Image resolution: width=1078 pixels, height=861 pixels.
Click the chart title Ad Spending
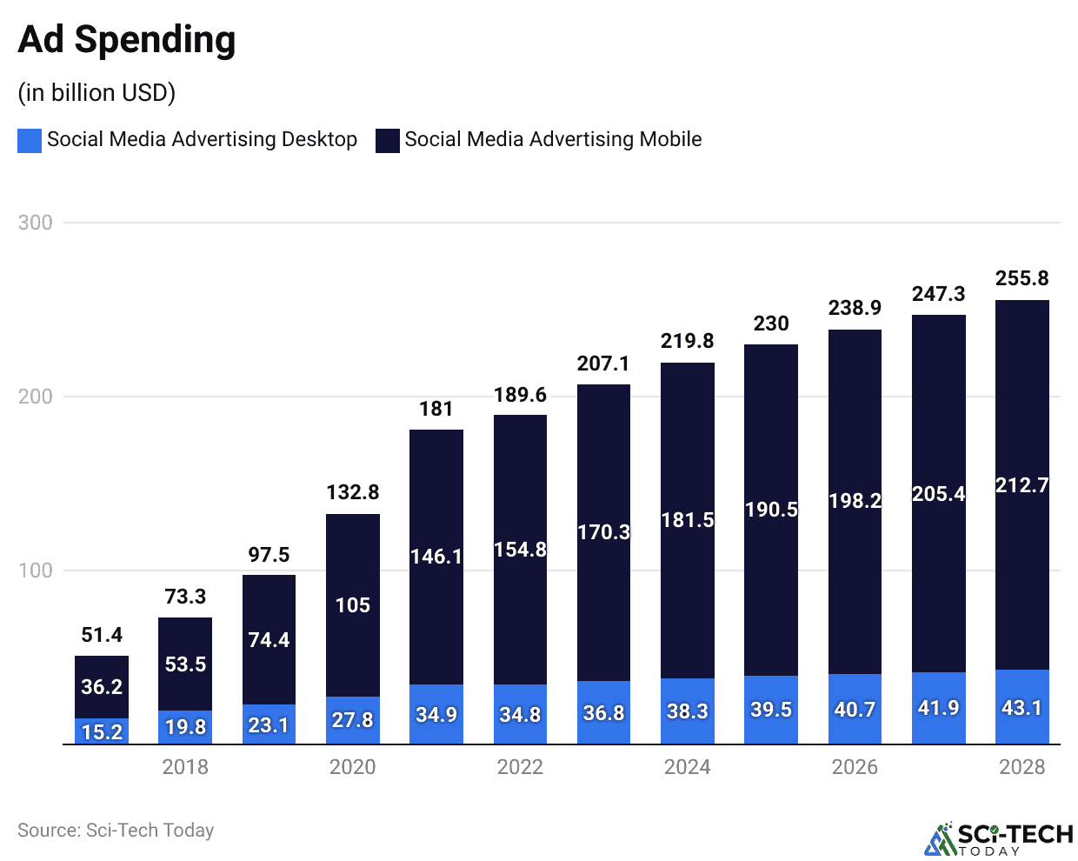tap(127, 40)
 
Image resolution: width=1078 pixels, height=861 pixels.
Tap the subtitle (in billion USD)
tap(96, 92)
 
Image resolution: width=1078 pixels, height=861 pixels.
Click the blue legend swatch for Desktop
tap(30, 140)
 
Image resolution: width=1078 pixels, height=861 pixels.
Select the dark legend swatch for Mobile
tap(387, 140)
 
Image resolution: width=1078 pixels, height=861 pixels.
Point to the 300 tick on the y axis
tap(36, 223)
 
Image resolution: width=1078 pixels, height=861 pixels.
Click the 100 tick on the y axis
tap(36, 571)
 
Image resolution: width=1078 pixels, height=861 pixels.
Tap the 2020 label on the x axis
tap(353, 767)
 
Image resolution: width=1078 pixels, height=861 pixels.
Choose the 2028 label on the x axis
tap(1021, 767)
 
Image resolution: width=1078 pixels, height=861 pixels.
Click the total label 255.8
tap(1021, 278)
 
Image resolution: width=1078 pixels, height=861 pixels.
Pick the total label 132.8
tap(353, 492)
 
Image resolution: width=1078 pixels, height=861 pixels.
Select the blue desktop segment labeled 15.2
tap(102, 731)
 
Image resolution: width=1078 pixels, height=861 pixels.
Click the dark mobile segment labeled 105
tap(353, 604)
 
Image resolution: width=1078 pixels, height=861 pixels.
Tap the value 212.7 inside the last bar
tap(1021, 485)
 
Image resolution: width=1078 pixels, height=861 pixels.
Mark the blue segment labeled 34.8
tap(520, 715)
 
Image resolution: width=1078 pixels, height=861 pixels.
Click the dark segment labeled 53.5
tap(185, 664)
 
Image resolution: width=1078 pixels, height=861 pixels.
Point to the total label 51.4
tap(102, 635)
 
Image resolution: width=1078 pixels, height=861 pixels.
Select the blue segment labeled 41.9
tap(938, 708)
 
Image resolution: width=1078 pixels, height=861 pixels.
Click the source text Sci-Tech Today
tap(116, 831)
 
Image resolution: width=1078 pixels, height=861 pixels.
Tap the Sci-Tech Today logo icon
tap(939, 839)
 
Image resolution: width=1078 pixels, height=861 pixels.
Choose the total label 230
tap(771, 324)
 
